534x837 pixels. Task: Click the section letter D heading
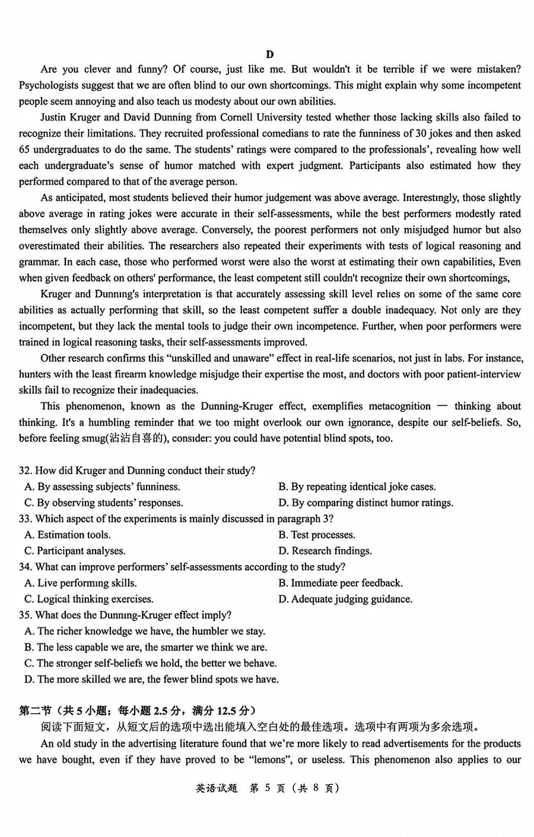pyautogui.click(x=270, y=55)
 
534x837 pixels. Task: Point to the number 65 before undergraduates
pyautogui.click(x=25, y=150)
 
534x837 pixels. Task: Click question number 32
pyautogui.click(x=25, y=471)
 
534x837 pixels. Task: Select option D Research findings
pyautogui.click(x=325, y=551)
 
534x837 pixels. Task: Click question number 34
pyautogui.click(x=25, y=567)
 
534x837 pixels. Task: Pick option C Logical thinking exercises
pyautogui.click(x=89, y=599)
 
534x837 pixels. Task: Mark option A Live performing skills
pyautogui.click(x=81, y=583)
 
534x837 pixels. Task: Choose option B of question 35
pyautogui.click(x=146, y=647)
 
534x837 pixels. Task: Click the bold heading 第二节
pyautogui.click(x=35, y=711)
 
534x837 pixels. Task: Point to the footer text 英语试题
pyautogui.click(x=216, y=788)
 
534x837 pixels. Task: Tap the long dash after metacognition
pyautogui.click(x=443, y=406)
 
